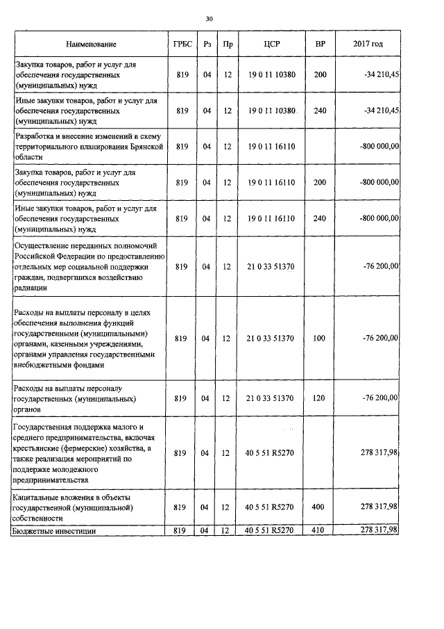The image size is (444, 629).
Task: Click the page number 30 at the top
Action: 209,19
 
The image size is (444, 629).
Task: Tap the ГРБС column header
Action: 182,44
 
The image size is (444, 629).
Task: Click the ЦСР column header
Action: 271,44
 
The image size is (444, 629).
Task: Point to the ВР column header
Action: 320,44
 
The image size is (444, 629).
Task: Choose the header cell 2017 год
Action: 368,44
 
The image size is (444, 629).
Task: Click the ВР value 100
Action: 320,338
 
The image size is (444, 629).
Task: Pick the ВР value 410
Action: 319,530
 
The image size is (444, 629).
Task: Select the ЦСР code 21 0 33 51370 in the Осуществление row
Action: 271,266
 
